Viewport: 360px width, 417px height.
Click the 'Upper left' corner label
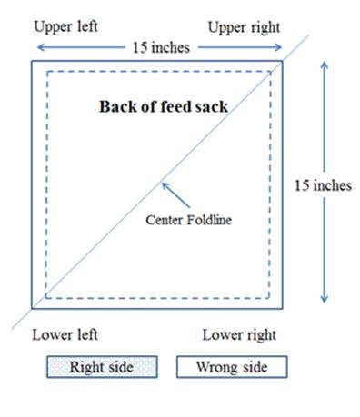point(65,26)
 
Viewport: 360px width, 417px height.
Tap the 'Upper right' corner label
point(244,27)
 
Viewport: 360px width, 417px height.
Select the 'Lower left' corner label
point(65,335)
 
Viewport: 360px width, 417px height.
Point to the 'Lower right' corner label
point(239,335)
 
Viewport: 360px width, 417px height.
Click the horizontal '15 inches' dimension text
point(161,47)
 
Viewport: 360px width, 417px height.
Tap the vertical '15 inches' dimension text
point(323,185)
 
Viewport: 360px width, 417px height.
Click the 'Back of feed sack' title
point(164,106)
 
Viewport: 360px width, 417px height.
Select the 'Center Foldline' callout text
point(188,220)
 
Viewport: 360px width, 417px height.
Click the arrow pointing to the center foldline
point(175,195)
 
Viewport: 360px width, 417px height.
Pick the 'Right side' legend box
point(102,367)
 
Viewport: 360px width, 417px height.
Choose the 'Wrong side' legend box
point(232,367)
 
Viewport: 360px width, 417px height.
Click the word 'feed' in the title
point(175,106)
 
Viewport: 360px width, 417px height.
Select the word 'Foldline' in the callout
point(209,220)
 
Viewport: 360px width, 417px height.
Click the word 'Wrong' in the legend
point(217,367)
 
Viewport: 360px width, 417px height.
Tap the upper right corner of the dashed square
point(270,72)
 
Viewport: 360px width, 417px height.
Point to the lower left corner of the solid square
point(32,309)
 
